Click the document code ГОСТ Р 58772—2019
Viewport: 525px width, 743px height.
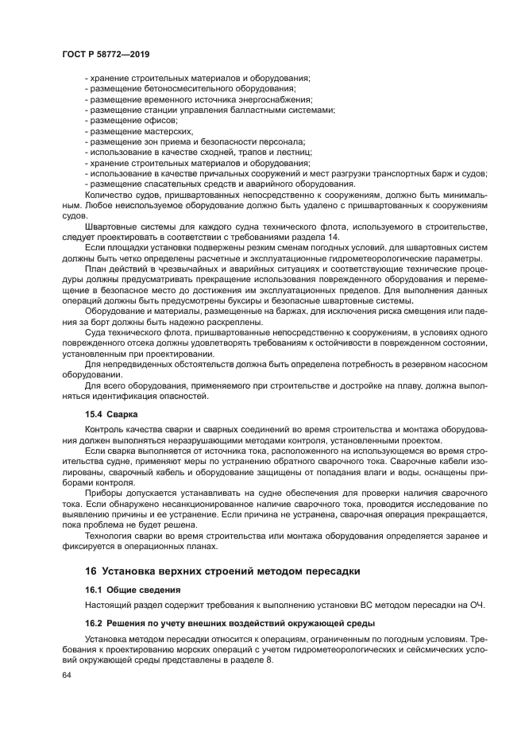(x=106, y=53)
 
